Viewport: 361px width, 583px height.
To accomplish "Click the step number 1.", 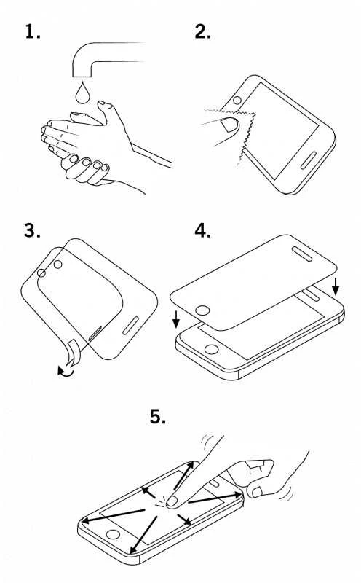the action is [x=32, y=31].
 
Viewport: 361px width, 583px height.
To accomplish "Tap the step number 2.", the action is [x=203, y=31].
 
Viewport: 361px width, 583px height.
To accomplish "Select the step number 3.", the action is [x=32, y=230].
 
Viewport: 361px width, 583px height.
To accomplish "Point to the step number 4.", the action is [x=203, y=230].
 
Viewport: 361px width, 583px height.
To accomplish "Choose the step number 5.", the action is [x=157, y=416].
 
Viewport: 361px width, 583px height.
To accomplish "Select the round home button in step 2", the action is [x=237, y=100].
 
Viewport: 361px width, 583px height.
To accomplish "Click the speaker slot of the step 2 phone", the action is [x=309, y=160].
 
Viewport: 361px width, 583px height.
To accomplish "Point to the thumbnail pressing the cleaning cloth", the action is [x=230, y=125].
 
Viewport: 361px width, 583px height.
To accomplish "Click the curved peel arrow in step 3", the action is [x=66, y=371].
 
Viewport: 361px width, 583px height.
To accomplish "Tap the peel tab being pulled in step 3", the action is [x=74, y=352].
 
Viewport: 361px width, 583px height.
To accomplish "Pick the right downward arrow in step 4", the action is [x=336, y=286].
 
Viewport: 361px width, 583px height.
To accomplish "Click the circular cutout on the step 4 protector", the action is [x=202, y=310].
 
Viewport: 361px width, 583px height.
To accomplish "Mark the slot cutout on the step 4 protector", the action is [x=301, y=253].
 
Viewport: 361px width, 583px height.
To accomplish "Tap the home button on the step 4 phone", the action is [x=211, y=350].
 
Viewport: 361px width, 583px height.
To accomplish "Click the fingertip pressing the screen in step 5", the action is [x=172, y=502].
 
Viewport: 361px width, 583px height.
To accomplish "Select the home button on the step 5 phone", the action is [x=113, y=535].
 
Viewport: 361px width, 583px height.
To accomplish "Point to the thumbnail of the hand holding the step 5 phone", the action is [x=257, y=493].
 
